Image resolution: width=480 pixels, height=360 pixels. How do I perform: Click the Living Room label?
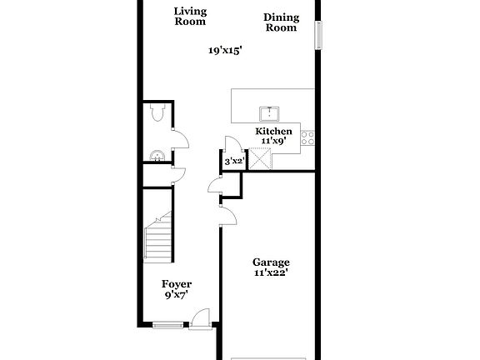point(190,17)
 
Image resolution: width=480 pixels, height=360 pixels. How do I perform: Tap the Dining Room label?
point(281,22)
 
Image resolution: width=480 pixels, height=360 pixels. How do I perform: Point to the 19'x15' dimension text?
point(225,51)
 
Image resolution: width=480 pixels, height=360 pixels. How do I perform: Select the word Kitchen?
point(273,132)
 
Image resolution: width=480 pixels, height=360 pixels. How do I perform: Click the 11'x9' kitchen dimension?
point(274,142)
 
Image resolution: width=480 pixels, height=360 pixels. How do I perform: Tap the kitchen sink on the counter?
point(269,114)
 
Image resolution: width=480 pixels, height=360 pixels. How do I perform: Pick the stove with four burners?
point(308,138)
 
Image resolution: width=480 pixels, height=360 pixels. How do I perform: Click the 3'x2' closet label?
point(233,162)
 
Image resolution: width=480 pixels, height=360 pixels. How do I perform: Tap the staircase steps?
point(158,237)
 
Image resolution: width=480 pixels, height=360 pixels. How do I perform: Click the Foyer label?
point(176,284)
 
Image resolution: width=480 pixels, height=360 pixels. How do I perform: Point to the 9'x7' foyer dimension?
point(176,295)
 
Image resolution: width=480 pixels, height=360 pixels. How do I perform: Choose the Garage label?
point(272,261)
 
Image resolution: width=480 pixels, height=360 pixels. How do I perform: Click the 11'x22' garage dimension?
point(272,272)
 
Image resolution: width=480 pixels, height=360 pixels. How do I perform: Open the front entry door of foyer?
point(199,318)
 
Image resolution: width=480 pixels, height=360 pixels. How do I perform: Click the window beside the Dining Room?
point(317,37)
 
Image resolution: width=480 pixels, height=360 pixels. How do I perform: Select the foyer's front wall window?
point(167,325)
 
